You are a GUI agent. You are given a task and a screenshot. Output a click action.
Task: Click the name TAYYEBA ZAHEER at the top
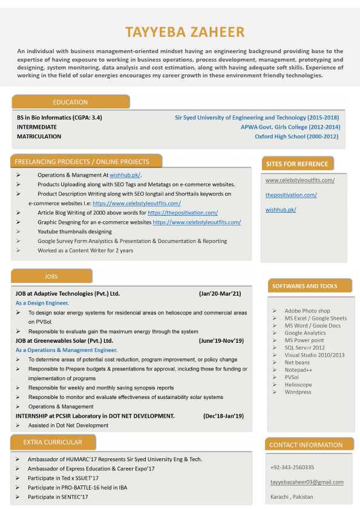[185, 32]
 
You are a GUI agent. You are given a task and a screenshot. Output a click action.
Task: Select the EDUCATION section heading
[70, 102]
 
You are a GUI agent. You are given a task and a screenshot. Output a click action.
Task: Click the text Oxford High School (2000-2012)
[297, 137]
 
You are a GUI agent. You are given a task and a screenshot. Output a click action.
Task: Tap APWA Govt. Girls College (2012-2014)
[290, 127]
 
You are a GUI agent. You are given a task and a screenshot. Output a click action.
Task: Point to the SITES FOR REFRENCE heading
[297, 164]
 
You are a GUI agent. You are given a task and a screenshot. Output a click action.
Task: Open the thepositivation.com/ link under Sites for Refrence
[291, 195]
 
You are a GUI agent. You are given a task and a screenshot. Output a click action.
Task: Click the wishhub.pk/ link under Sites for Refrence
[281, 210]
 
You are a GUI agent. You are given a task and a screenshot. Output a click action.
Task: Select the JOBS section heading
[51, 276]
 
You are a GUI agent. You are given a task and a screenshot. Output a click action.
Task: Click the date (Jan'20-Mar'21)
[220, 294]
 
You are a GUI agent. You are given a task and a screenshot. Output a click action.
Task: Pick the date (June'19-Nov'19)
[221, 341]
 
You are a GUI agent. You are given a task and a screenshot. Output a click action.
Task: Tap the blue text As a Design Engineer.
[42, 303]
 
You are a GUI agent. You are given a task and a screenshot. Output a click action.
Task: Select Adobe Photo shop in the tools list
[307, 311]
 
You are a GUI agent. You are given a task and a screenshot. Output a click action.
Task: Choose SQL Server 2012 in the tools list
[304, 348]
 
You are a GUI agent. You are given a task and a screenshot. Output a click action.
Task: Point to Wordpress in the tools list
[298, 392]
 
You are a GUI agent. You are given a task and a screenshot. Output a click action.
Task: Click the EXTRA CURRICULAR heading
[53, 443]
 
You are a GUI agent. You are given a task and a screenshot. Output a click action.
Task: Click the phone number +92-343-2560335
[292, 467]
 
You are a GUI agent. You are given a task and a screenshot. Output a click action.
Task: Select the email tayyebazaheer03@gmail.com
[307, 482]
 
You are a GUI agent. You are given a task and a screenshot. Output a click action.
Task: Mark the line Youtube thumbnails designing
[74, 232]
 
